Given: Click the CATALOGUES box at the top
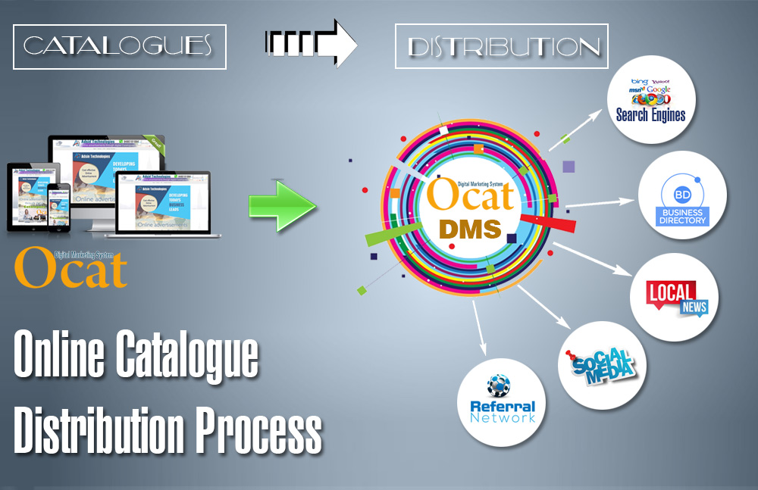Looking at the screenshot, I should coord(119,47).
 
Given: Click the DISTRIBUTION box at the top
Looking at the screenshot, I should coord(502,47).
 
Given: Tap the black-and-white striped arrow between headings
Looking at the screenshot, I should coord(311,45).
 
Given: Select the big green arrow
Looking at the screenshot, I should coord(282,205).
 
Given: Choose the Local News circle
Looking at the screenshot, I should coord(674,297).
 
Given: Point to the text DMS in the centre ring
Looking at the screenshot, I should coord(470,227).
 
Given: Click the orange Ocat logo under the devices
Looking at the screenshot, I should coord(70,267).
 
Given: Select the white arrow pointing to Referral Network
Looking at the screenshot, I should coord(478,326).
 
